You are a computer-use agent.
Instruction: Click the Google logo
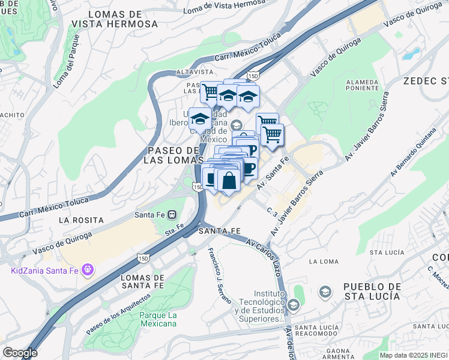click(20, 353)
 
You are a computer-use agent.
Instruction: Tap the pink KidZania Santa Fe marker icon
click(88, 270)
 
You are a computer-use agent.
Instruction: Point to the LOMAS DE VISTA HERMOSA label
click(115, 19)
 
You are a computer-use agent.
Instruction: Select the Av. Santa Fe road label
click(274, 173)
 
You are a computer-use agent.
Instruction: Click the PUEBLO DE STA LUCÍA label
click(372, 292)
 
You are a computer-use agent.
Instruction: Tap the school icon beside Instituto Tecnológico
click(294, 305)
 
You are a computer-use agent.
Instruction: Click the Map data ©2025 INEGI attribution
click(414, 355)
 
